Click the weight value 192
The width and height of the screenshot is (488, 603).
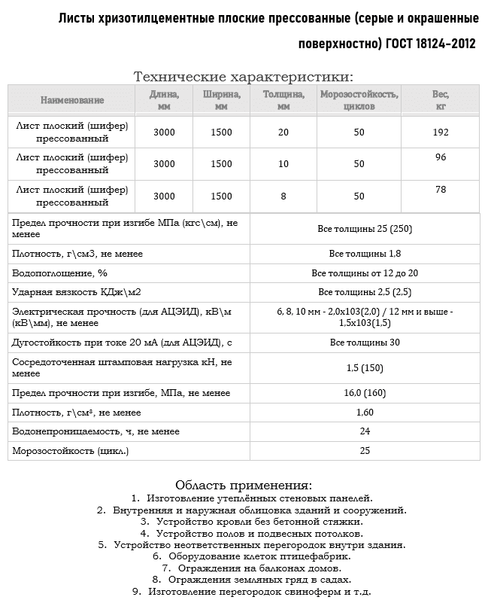tap(441, 132)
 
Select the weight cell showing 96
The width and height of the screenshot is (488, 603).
tap(441, 157)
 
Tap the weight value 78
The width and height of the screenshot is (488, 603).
tap(441, 190)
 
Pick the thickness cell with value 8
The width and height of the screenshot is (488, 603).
tap(283, 196)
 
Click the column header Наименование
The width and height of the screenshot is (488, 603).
tap(72, 99)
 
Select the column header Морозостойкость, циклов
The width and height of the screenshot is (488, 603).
tap(359, 99)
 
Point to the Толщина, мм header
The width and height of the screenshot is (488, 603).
tap(283, 99)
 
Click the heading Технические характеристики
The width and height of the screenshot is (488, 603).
tap(243, 76)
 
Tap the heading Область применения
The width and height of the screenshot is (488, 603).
tap(243, 484)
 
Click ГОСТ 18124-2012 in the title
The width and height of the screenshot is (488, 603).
tap(430, 43)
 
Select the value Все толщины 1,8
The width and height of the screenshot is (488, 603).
tap(365, 254)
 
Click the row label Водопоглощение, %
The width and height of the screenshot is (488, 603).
tap(60, 273)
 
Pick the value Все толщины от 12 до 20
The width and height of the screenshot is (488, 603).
tap(365, 273)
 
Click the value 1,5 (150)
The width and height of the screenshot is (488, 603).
tap(365, 367)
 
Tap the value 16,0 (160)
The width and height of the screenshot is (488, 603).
tap(365, 393)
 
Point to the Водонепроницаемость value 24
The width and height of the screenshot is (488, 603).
tap(365, 431)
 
